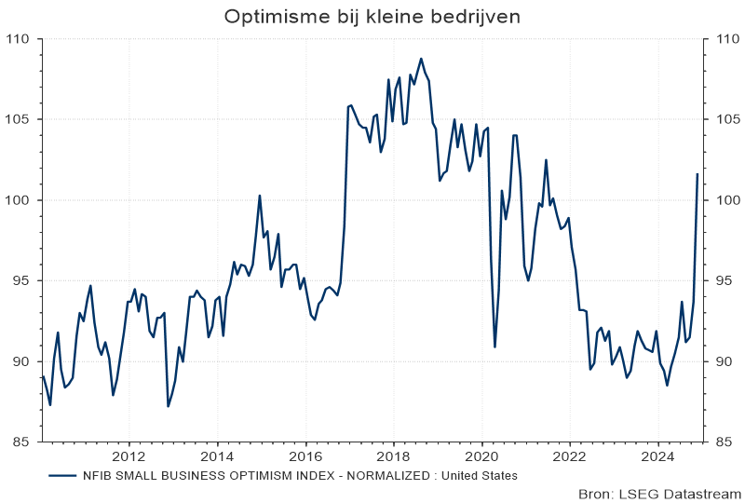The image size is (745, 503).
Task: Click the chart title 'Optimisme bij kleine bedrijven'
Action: click(372, 17)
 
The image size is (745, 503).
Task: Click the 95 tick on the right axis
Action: click(723, 280)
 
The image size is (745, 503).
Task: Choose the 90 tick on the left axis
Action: click(20, 361)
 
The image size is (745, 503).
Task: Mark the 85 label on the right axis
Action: click(723, 442)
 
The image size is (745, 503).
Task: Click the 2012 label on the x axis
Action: click(128, 456)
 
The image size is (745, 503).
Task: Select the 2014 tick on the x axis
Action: click(217, 456)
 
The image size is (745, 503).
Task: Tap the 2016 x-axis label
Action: click(305, 456)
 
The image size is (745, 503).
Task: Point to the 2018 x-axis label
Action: click(393, 456)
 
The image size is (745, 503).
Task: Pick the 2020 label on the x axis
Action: click(481, 456)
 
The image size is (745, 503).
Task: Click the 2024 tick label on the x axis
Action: click(657, 456)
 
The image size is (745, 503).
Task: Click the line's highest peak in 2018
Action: click(421, 59)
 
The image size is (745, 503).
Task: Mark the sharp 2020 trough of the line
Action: click(494, 347)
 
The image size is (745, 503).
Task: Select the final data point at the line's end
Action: click(698, 174)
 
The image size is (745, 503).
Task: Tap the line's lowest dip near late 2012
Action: click(168, 406)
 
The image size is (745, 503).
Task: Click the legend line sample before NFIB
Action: click(61, 475)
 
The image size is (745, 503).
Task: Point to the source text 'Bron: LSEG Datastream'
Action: click(659, 494)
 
